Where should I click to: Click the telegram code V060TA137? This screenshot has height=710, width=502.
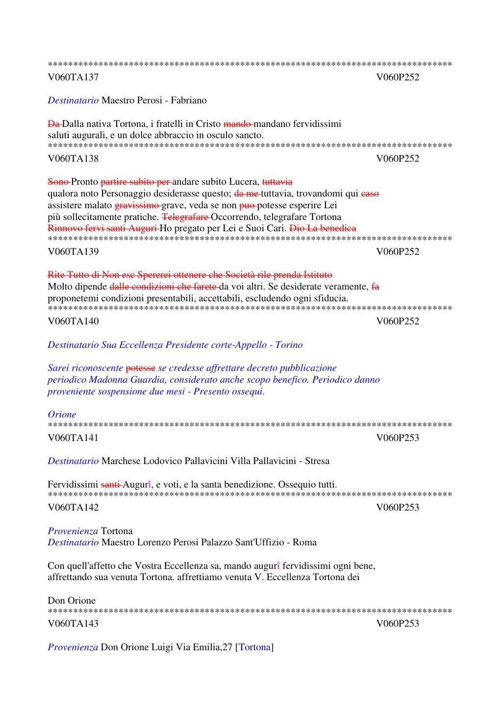pos(73,77)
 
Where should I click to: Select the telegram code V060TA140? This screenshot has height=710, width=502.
pos(73,321)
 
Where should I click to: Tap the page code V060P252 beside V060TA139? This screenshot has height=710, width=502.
pos(398,251)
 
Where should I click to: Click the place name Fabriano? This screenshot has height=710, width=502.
pos(189,100)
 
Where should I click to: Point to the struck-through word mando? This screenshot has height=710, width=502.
pos(237,123)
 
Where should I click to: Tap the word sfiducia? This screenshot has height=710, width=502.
pos(329,298)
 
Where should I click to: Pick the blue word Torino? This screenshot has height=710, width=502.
pos(289,344)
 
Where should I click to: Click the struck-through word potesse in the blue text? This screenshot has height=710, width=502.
pos(141,367)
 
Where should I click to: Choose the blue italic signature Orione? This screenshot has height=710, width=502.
pos(62,414)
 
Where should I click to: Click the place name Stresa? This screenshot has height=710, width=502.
pos(317,461)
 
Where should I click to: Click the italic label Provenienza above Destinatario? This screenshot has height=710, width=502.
pos(73,531)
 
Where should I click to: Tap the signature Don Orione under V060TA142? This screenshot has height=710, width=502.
pos(72,600)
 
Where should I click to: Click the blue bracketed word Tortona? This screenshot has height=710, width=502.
pos(255,647)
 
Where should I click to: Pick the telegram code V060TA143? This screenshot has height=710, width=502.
pos(73,623)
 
